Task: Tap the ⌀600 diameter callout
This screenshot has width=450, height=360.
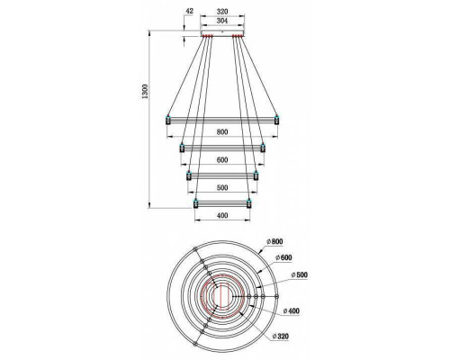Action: [x=284, y=257]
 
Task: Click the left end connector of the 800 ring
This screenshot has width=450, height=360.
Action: [x=167, y=119]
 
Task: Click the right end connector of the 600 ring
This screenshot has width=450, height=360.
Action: [x=263, y=148]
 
